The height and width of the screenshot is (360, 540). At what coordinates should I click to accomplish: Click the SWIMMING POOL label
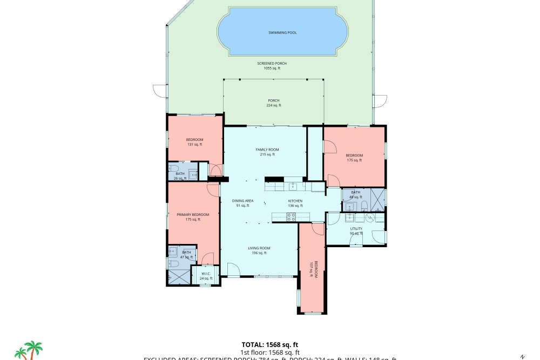[x=282, y=32]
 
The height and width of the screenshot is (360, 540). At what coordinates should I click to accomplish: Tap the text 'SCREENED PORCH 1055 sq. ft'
[x=272, y=66]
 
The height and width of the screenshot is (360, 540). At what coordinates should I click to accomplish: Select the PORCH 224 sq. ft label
[x=274, y=103]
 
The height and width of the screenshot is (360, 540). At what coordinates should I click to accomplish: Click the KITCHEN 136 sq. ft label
[x=295, y=202]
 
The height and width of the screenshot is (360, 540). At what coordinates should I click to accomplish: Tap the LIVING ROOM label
[x=259, y=250]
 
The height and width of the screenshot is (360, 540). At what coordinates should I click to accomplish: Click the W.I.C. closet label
[x=206, y=276]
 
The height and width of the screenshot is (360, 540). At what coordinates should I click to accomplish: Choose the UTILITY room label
[x=356, y=230]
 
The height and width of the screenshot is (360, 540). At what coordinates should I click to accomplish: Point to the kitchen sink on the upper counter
[x=293, y=187]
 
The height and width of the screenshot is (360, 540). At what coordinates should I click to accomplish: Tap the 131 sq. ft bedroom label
[x=194, y=142]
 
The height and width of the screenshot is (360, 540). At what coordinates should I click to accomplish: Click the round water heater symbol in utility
[x=370, y=218]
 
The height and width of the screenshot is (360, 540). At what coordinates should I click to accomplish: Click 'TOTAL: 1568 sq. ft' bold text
[x=269, y=344]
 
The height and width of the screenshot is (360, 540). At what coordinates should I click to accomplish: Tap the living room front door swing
[x=233, y=269]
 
